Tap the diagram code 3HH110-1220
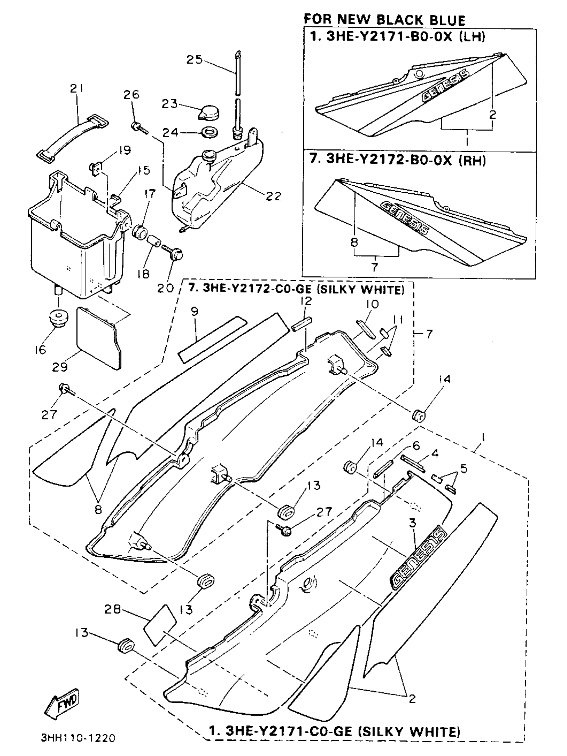click(78, 738)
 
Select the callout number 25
click(194, 60)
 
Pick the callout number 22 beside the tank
click(273, 196)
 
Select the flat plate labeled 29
click(99, 338)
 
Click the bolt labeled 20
click(175, 254)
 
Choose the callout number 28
click(113, 609)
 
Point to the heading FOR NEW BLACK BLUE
click(384, 20)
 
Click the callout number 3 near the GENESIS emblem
click(413, 523)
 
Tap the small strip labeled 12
click(302, 323)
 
